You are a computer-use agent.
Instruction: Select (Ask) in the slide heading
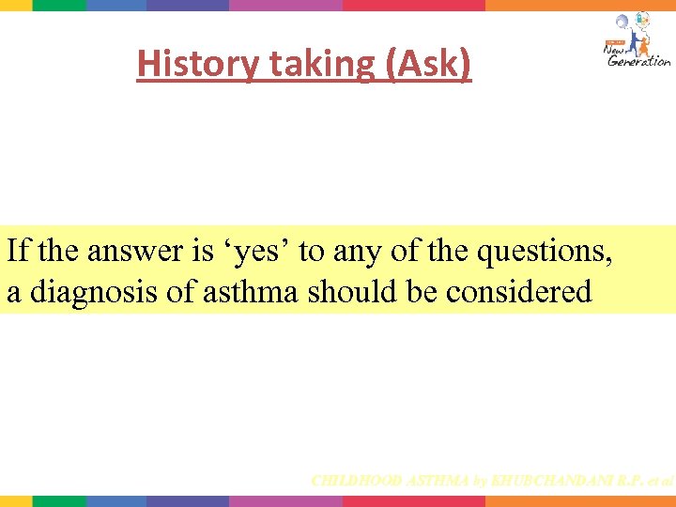point(428,64)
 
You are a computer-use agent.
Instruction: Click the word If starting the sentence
point(17,252)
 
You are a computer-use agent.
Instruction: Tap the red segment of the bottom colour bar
point(413,501)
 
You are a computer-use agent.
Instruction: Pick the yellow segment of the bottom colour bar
point(15,501)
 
